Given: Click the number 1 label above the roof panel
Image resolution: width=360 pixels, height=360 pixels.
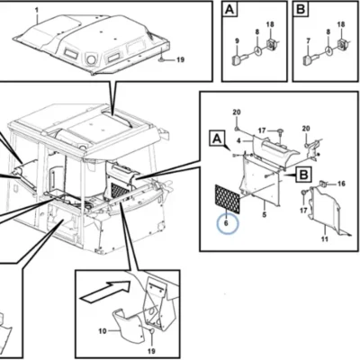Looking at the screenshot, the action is [37, 11].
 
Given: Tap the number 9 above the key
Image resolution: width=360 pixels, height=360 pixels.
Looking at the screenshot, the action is [237, 41].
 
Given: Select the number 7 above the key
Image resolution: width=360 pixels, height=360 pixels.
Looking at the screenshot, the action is [308, 41].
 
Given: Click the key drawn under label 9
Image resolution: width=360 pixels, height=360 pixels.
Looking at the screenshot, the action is [240, 58].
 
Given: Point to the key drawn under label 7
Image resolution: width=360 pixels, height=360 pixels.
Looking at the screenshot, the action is [310, 58].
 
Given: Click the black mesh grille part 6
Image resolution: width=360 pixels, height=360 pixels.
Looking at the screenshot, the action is [228, 199].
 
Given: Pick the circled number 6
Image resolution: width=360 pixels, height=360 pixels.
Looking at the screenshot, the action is [226, 223].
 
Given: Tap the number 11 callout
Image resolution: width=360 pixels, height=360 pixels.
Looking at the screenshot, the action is [325, 239].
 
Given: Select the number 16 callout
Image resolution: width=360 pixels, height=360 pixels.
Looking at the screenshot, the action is [341, 184].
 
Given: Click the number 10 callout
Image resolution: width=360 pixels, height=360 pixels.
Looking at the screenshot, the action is [103, 331].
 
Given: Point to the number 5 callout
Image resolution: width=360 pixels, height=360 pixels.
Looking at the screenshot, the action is [265, 215].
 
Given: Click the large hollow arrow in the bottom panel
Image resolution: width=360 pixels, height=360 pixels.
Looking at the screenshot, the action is [105, 290].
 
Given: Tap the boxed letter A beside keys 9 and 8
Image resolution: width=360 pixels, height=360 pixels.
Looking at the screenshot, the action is [229, 10].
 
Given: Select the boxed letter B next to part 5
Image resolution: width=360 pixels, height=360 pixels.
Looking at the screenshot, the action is [304, 175].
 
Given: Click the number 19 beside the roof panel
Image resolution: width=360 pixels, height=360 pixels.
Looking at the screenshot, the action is [180, 59].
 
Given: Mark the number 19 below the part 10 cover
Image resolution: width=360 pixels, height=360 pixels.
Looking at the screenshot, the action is [151, 351].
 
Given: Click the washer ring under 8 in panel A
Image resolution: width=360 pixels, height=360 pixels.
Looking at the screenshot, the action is [257, 50].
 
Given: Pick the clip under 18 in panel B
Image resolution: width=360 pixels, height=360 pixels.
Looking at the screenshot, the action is [341, 43].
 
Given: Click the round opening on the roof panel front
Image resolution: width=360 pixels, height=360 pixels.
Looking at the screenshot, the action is [91, 59].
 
